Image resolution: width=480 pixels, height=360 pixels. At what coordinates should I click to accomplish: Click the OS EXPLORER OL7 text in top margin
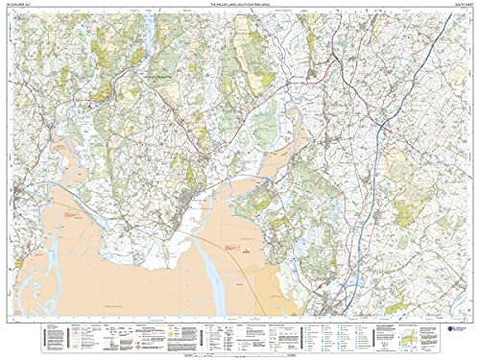click(20, 6)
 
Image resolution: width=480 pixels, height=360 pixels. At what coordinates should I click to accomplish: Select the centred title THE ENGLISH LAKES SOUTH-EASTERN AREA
click(239, 6)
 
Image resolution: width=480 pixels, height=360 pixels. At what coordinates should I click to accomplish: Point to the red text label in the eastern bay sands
click(230, 248)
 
